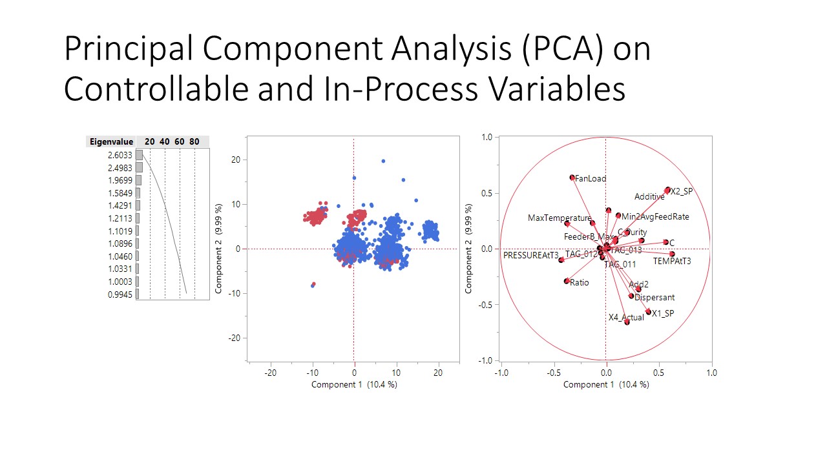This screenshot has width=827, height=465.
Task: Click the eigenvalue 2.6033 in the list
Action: (120, 156)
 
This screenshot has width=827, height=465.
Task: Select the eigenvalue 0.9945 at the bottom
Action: (120, 294)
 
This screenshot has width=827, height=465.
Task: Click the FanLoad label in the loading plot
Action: (590, 178)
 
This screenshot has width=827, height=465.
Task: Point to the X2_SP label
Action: (681, 192)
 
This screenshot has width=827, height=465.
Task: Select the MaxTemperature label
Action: (559, 218)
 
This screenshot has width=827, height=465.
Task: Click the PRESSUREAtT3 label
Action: (530, 256)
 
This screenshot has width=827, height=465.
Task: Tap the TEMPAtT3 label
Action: (672, 262)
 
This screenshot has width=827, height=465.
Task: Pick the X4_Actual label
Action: (626, 318)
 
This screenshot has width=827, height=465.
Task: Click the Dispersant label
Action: (654, 298)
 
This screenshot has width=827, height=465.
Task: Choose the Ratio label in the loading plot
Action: (580, 283)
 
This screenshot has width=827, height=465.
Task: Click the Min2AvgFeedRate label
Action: (654, 217)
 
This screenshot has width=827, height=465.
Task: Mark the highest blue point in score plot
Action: (383, 161)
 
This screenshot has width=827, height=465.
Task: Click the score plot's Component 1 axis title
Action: (353, 384)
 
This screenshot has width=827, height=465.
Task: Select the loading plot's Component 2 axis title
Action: (470, 249)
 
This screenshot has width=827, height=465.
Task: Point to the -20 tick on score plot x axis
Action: (271, 373)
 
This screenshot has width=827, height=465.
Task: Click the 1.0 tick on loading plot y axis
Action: (487, 138)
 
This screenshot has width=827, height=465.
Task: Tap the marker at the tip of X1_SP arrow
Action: (648, 312)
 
